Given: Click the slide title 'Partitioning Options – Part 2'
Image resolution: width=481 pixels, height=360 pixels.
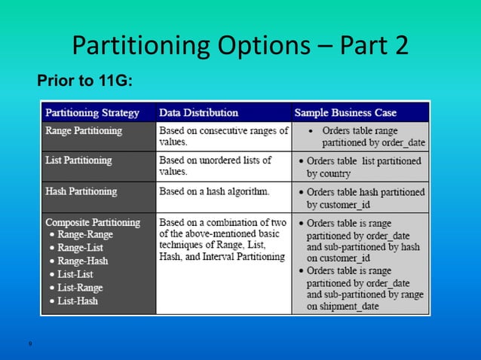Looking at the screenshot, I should point(240,45).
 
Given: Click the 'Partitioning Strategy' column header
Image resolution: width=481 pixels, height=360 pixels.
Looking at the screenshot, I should point(93,113).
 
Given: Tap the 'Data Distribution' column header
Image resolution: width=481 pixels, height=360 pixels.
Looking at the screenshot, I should point(198,113).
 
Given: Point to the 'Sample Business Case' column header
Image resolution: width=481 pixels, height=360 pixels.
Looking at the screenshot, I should point(345,113).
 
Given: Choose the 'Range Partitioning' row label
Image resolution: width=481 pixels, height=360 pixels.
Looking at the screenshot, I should point(84,130).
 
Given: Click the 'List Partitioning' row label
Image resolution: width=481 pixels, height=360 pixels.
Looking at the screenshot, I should point(79,160).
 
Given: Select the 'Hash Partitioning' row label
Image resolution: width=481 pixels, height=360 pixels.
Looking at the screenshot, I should point(81,191).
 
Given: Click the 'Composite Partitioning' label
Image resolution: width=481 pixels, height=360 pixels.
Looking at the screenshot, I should point(93,222).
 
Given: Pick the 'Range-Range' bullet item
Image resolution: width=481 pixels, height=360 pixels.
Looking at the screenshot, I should point(86,235).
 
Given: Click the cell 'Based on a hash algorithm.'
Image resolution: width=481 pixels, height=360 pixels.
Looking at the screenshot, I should point(214,191).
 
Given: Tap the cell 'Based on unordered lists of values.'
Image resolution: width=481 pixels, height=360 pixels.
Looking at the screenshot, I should point(222,166).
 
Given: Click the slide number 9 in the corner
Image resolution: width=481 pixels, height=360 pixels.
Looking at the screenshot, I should point(29,344).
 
